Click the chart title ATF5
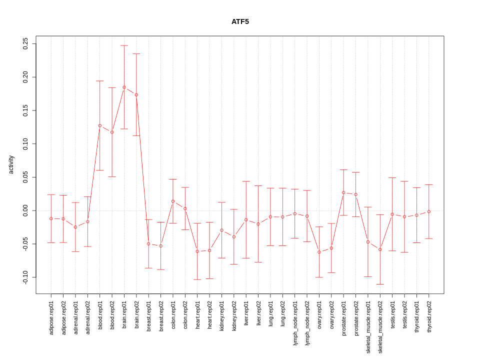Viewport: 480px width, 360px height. (240, 21)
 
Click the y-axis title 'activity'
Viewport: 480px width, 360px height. (11, 164)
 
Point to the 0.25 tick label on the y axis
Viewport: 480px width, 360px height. (25, 44)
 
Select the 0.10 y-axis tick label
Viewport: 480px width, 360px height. (25, 144)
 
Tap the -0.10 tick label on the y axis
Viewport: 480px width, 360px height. (25, 277)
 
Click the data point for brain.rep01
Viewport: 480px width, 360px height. (124, 87)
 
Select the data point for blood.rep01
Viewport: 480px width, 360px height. (100, 125)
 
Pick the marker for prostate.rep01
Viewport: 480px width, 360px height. (343, 192)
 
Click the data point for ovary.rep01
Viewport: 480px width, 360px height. (319, 252)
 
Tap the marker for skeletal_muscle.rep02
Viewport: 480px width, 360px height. (380, 249)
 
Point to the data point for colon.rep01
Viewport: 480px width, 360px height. (173, 201)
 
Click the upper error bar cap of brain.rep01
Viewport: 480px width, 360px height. (124, 45)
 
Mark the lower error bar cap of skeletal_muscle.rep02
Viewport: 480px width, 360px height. (380, 284)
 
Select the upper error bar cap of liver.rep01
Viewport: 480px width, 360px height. (246, 181)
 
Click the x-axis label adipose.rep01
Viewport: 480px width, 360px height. (51, 317)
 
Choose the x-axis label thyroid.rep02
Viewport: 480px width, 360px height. (429, 317)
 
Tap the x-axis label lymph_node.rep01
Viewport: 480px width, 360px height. (295, 323)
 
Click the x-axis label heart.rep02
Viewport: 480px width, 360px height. (209, 314)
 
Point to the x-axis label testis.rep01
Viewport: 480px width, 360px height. (392, 315)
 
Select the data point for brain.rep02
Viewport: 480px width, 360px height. (136, 95)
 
